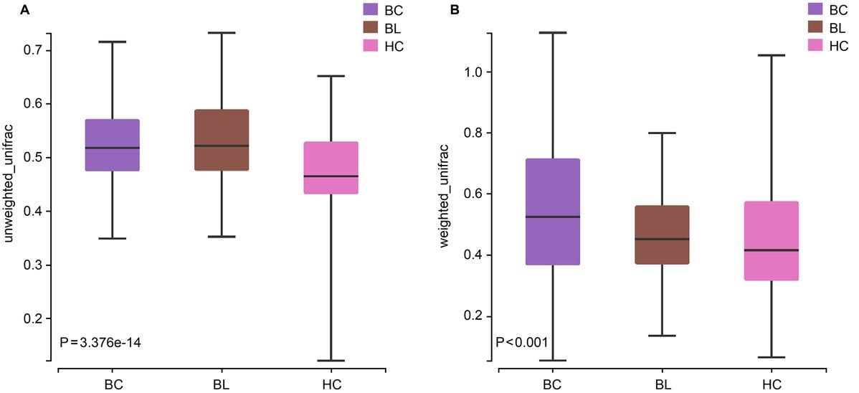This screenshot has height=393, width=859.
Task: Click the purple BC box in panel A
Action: (112, 145)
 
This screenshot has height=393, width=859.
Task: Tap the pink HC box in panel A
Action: (331, 168)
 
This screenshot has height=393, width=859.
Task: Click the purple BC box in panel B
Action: (552, 212)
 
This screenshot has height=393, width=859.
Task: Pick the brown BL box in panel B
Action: (662, 235)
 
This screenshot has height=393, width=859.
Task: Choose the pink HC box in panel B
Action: (772, 241)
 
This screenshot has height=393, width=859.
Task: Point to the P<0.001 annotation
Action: (523, 342)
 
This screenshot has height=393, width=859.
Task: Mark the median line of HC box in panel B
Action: (772, 250)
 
